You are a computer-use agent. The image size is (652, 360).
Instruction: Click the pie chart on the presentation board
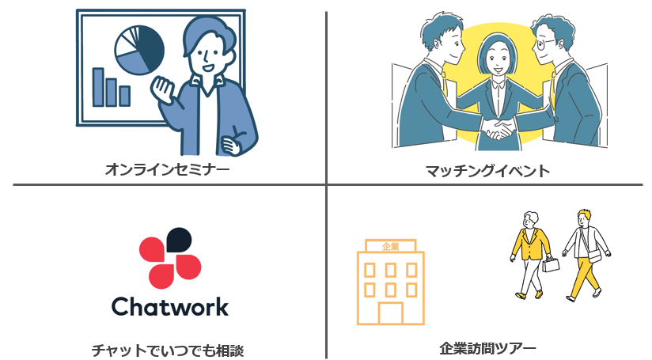(x=139, y=50)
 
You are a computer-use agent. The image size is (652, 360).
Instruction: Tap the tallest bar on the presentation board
(x=98, y=87)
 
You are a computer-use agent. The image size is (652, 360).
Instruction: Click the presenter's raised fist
(x=161, y=89)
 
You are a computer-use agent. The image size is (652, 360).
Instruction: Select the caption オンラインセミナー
(x=167, y=169)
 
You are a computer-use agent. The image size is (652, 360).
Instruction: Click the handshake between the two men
(x=498, y=128)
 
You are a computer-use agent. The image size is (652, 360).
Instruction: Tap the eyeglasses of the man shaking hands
(x=545, y=44)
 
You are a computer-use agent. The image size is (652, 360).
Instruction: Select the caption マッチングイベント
(x=487, y=171)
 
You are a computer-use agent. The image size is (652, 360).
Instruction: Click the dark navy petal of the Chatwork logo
(x=179, y=240)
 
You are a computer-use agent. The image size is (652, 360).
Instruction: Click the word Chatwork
(x=170, y=307)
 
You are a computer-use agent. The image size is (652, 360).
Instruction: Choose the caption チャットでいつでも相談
(x=167, y=350)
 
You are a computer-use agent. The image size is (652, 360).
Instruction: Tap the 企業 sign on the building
(x=390, y=246)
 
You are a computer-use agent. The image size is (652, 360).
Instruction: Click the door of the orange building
(x=390, y=313)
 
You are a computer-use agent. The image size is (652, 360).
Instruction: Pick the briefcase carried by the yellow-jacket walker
(x=551, y=264)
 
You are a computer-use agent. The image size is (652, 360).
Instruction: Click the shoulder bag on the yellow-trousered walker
(x=594, y=256)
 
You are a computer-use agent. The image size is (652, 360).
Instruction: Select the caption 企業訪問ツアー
(x=487, y=348)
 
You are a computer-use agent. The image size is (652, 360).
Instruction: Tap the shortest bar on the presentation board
(x=125, y=96)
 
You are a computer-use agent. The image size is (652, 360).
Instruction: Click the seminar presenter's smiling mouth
(x=207, y=66)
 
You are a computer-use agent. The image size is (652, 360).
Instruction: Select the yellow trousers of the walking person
(x=585, y=276)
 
